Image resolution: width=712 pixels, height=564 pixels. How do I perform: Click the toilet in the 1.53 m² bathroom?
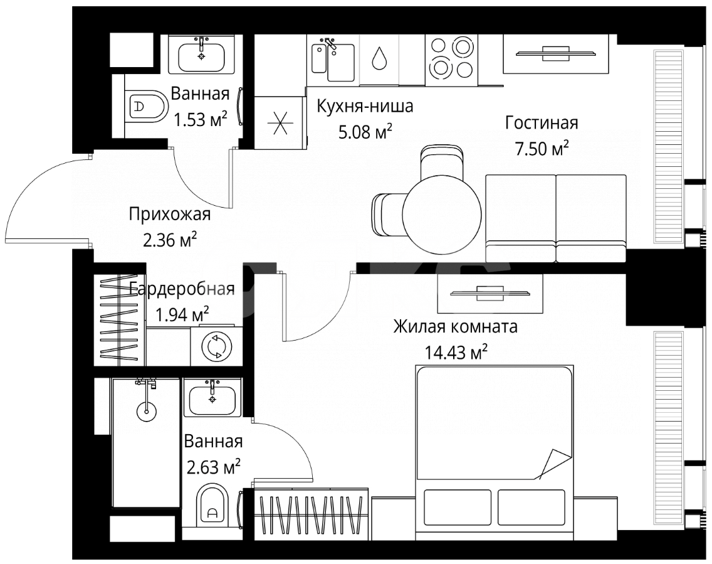145,107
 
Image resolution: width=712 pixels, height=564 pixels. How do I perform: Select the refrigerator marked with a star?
280,122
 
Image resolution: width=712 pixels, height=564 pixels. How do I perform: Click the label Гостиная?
542,123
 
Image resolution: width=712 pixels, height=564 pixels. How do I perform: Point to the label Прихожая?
170,215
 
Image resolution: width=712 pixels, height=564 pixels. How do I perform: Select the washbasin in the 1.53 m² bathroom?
201,56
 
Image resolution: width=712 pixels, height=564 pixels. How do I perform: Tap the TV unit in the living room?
552,53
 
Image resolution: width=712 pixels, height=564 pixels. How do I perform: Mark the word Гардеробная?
182,289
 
